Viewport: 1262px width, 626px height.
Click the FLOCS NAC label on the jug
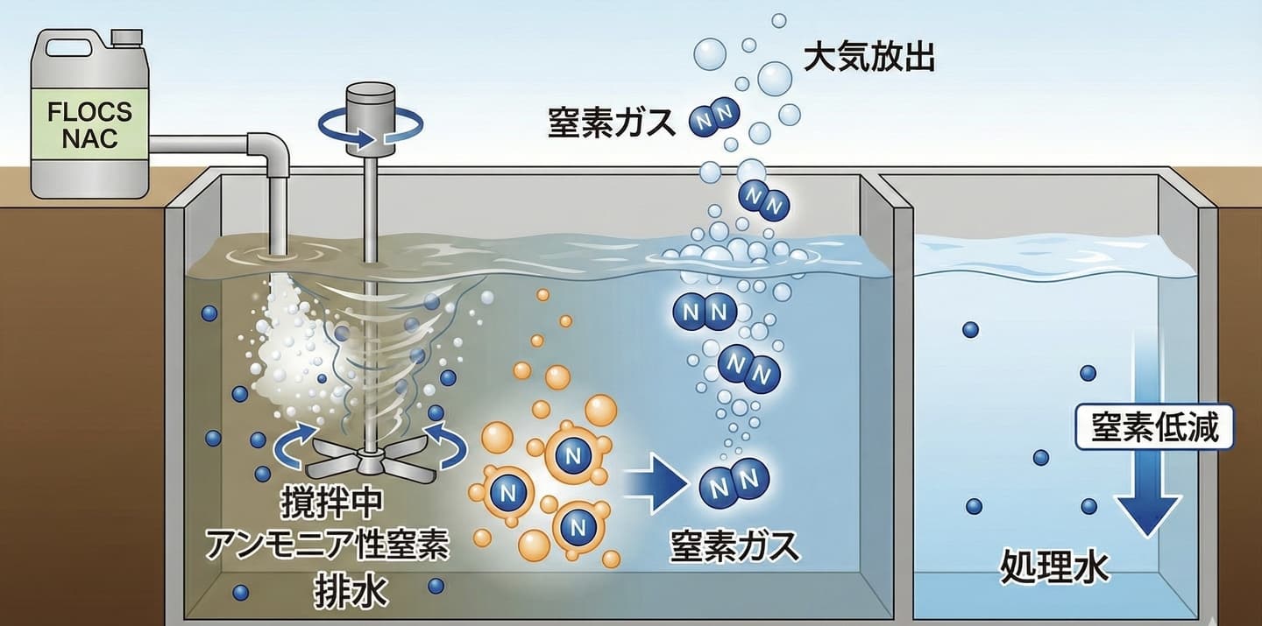click(x=90, y=125)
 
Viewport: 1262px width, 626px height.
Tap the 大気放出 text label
click(x=869, y=58)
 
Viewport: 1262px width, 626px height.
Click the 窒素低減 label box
click(x=1148, y=428)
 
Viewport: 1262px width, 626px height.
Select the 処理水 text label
click(x=1054, y=568)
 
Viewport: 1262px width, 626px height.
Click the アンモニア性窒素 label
click(x=327, y=545)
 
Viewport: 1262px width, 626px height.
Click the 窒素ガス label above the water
click(x=612, y=122)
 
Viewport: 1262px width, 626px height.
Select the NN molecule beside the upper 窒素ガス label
click(x=715, y=116)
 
